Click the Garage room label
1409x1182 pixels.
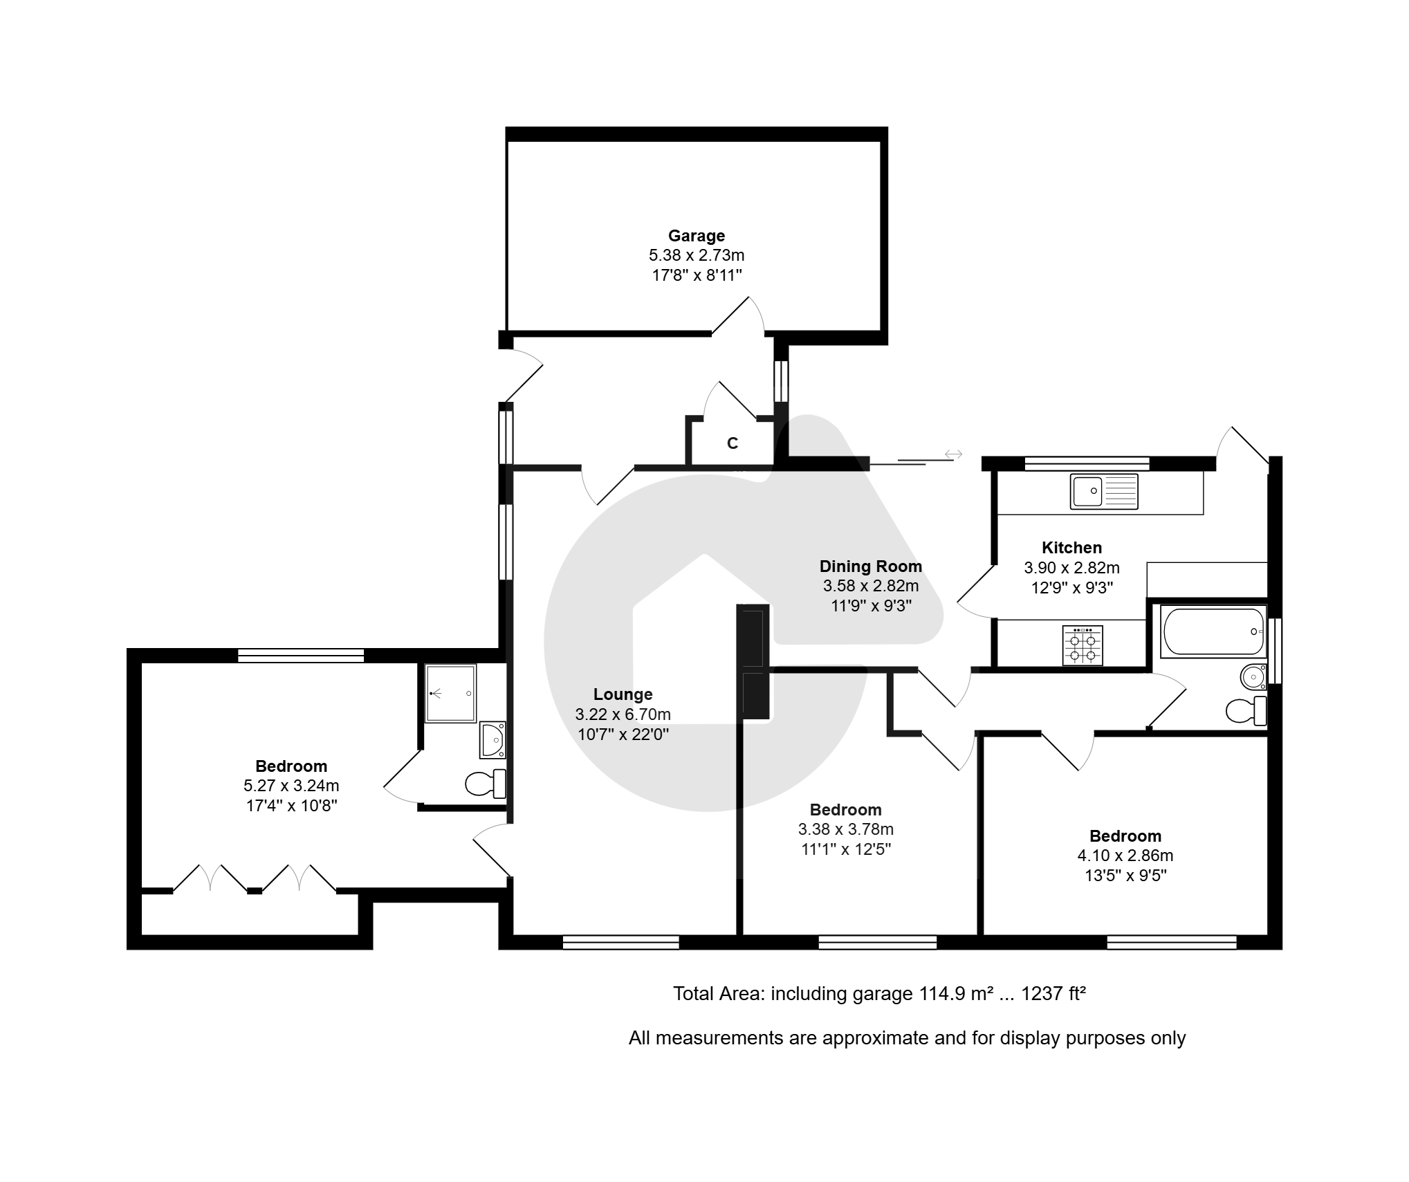click(x=696, y=236)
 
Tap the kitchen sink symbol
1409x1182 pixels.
click(x=1103, y=491)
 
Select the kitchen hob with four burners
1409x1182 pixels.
click(x=1083, y=645)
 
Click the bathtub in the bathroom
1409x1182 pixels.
click(x=1213, y=631)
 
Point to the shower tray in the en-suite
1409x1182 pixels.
click(x=450, y=694)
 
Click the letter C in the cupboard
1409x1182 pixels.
click(x=733, y=443)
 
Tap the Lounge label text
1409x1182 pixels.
click(x=623, y=694)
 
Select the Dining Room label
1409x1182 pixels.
click(x=871, y=566)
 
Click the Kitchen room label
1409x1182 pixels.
click(x=1071, y=548)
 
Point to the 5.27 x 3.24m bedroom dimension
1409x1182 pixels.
click(x=291, y=786)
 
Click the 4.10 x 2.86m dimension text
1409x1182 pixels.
click(x=1125, y=856)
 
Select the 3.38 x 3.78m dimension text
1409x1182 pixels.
click(x=846, y=829)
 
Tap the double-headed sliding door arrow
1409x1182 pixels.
click(x=953, y=454)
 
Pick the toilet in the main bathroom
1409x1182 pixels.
click(x=1246, y=710)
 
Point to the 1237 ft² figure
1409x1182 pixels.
click(x=1053, y=994)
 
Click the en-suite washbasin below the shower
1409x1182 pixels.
click(x=493, y=739)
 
